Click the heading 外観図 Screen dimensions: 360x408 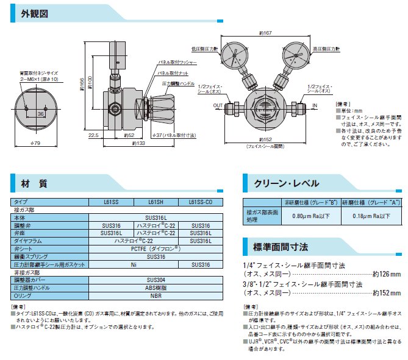pos(35,14)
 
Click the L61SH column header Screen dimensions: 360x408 pos(155,202)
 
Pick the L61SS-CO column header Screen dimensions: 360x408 pos(201,202)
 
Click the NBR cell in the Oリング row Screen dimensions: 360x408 pos(156,296)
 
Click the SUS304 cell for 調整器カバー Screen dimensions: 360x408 pos(156,281)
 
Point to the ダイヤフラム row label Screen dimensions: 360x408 pos(30,241)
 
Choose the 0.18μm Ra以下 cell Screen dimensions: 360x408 pos(370,216)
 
